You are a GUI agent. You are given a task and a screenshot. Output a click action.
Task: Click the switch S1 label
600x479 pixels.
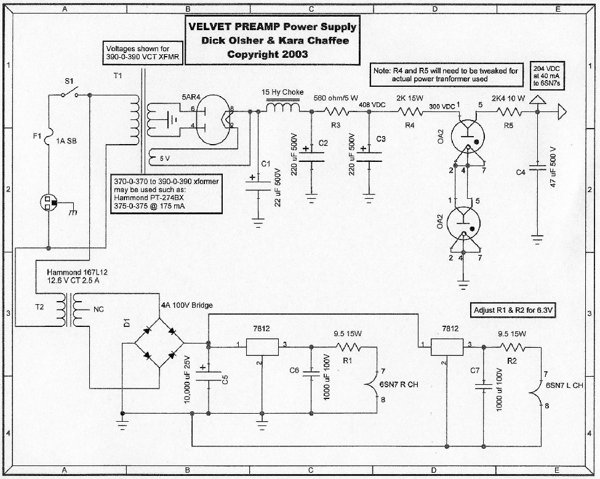point(68,81)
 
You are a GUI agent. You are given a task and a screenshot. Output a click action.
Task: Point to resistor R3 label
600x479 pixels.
point(336,126)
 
